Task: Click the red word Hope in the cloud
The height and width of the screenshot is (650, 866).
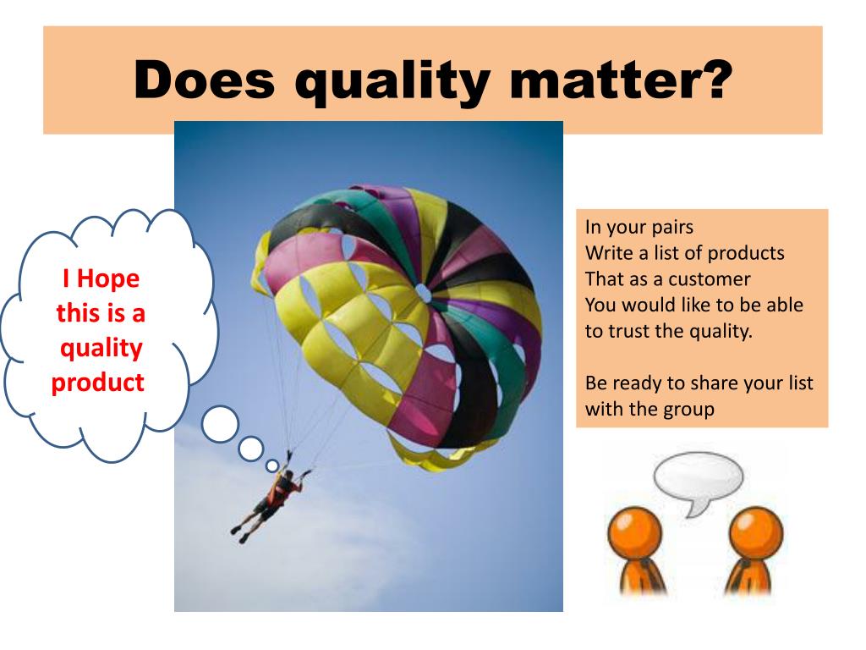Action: (112, 278)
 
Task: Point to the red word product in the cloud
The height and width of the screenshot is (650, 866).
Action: (98, 382)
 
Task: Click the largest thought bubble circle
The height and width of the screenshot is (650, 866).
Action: (220, 423)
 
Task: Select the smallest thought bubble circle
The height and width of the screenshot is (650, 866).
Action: (271, 465)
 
